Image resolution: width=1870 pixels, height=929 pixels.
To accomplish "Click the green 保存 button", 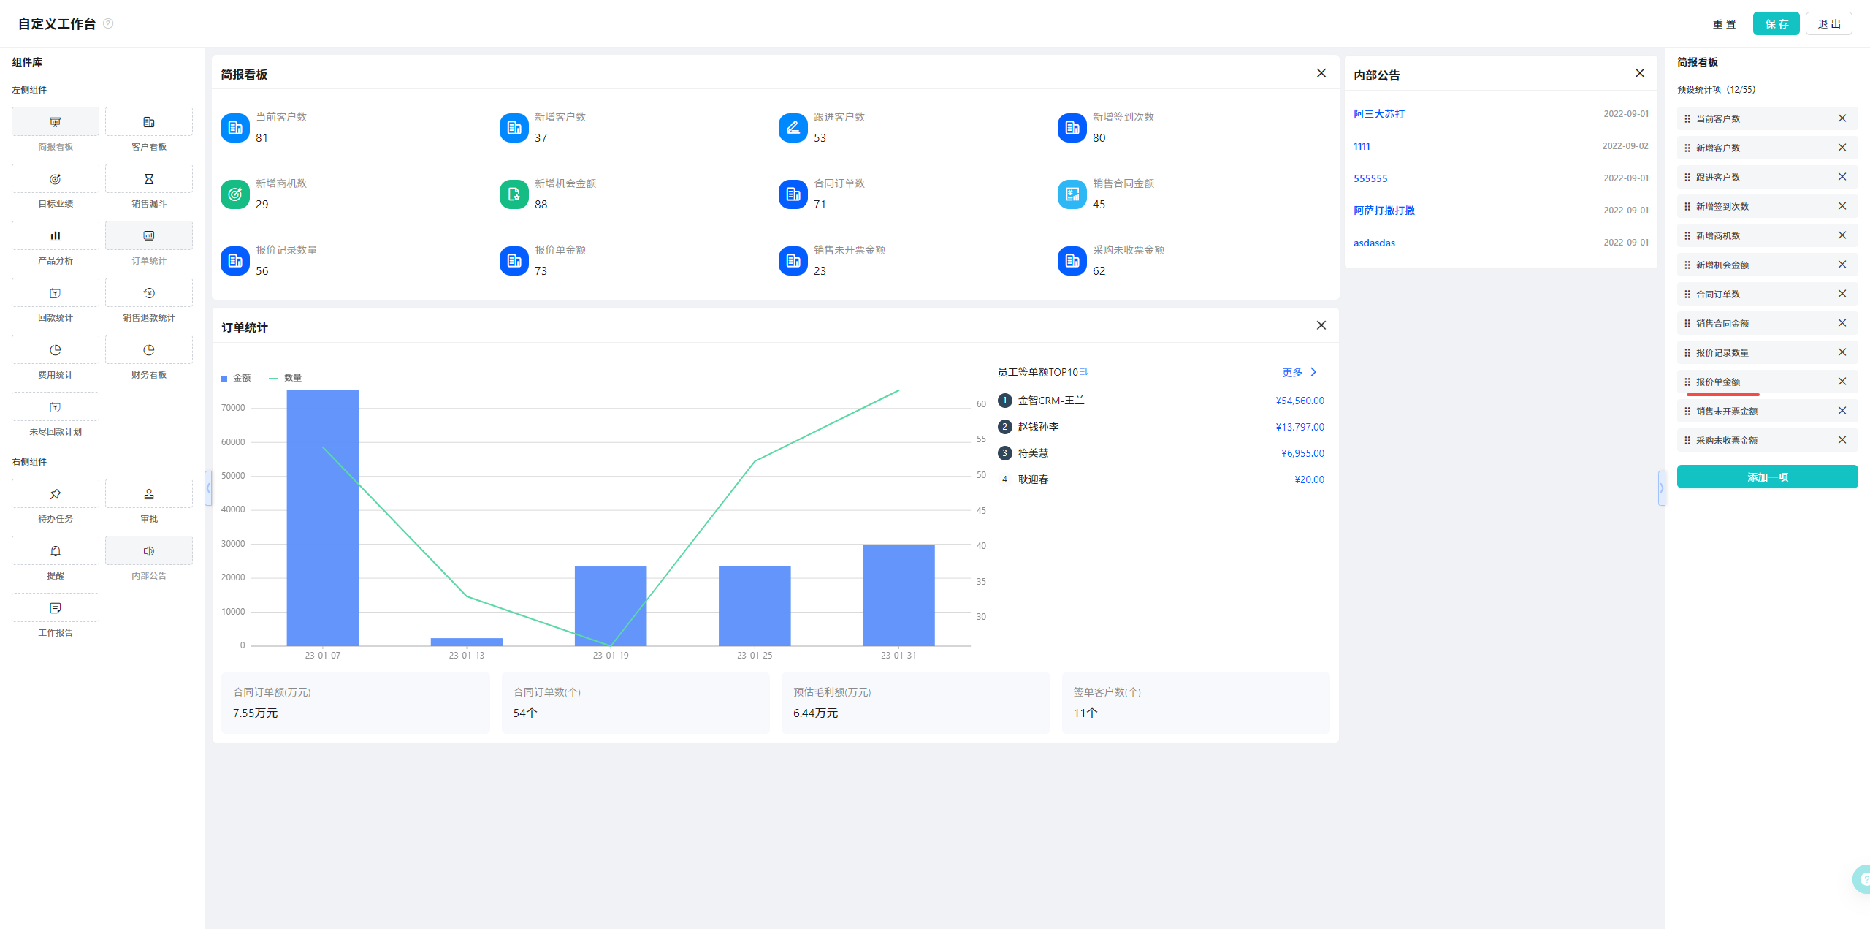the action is pyautogui.click(x=1776, y=23).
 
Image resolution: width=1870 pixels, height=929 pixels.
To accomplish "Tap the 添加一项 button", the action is pyautogui.click(x=1767, y=477).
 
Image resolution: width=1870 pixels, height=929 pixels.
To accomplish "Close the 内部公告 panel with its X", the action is pyautogui.click(x=1640, y=73).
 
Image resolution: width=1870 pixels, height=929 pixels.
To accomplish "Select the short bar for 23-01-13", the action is pyautogui.click(x=467, y=642).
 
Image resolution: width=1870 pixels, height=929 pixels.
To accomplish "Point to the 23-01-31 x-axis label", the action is pyautogui.click(x=898, y=655).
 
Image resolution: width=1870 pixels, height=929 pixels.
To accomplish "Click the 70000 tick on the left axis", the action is pyautogui.click(x=233, y=408).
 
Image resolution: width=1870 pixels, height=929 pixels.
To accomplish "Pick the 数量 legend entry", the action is pyautogui.click(x=286, y=378).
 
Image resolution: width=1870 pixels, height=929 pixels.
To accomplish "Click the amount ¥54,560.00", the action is pyautogui.click(x=1300, y=401).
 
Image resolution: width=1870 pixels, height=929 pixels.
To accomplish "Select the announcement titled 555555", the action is pyautogui.click(x=1370, y=178).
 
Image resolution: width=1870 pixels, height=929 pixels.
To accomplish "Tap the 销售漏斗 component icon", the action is pyautogui.click(x=149, y=179).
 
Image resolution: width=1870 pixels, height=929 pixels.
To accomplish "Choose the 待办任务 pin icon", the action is pyautogui.click(x=56, y=494).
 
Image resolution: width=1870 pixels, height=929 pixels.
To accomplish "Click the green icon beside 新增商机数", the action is pyautogui.click(x=235, y=194).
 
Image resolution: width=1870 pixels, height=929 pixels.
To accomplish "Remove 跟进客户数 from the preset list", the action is pyautogui.click(x=1842, y=177).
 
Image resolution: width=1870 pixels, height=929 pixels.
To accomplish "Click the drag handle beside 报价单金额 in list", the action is pyautogui.click(x=1687, y=382).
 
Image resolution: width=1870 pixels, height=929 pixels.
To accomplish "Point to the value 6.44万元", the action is pyautogui.click(x=815, y=713).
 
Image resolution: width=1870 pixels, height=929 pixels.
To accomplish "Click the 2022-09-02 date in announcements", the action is pyautogui.click(x=1625, y=146).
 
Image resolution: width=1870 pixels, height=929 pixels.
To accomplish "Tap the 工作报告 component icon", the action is pyautogui.click(x=56, y=608).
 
